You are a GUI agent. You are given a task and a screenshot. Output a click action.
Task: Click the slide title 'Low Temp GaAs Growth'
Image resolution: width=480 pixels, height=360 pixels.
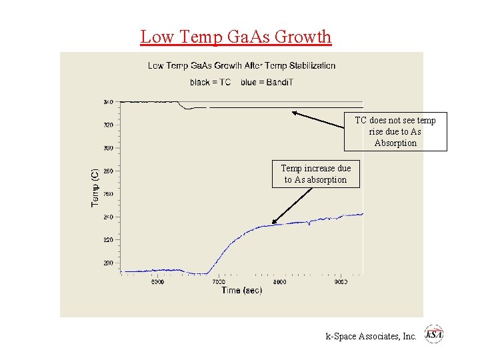[235, 37]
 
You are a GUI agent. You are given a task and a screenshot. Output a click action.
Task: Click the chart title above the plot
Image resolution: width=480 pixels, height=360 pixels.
[241, 65]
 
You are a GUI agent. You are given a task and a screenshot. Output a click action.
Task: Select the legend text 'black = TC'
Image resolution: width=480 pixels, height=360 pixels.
[210, 83]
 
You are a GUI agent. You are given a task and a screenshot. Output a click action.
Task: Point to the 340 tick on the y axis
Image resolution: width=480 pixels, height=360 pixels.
[108, 102]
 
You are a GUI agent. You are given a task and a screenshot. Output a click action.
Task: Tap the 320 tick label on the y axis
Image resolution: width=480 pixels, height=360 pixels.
[108, 125]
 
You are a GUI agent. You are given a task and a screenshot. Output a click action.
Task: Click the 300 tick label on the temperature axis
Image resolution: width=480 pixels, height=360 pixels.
[108, 148]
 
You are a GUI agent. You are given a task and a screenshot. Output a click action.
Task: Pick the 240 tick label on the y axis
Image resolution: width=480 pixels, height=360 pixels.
[108, 217]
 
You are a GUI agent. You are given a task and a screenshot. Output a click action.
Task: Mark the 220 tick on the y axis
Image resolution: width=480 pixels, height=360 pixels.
[108, 239]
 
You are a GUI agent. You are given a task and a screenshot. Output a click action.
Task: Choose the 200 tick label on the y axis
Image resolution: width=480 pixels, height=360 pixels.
[108, 263]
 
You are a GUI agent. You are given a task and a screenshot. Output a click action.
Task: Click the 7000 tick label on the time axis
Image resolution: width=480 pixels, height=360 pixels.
[218, 282]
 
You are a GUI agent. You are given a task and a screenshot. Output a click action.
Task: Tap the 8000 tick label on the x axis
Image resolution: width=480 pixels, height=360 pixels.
[280, 282]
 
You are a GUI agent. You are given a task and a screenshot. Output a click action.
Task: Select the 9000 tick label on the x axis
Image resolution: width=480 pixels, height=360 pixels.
[341, 282]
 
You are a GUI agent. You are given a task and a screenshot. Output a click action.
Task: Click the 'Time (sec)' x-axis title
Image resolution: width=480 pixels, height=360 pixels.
[241, 291]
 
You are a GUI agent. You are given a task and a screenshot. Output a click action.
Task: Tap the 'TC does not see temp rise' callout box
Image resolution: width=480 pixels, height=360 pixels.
[395, 131]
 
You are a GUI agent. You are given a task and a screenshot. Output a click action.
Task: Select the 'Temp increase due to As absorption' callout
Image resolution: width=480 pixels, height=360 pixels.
[315, 174]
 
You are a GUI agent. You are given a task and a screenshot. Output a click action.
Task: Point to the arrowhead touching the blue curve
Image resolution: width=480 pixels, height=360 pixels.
[273, 223]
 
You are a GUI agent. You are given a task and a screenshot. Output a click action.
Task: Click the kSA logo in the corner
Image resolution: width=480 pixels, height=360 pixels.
[434, 334]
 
